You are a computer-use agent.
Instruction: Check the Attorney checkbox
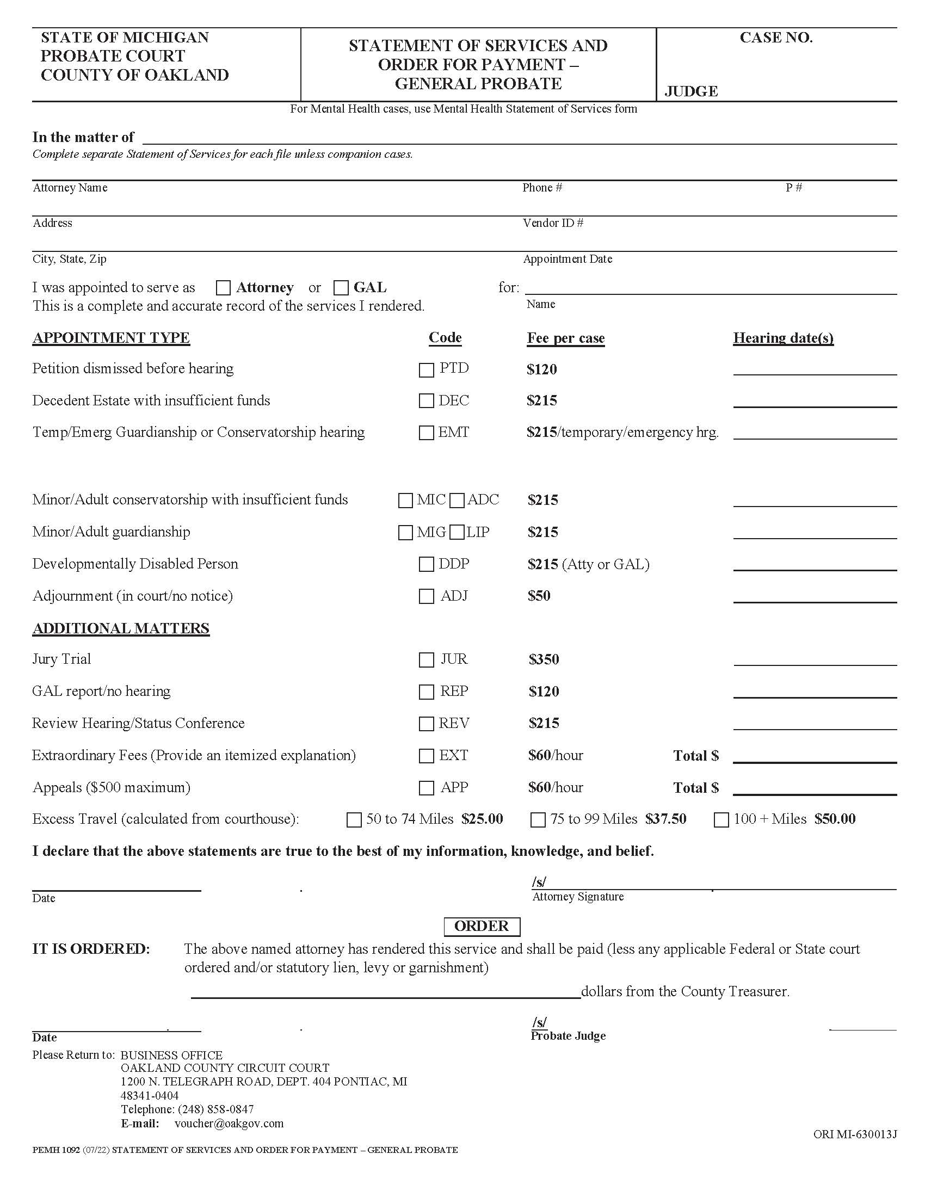point(223,288)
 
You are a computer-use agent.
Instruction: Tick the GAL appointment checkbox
point(341,288)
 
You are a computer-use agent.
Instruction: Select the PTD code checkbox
point(426,370)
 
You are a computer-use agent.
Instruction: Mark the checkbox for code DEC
point(426,400)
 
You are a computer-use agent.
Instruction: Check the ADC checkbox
point(457,501)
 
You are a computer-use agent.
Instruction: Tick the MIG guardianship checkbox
point(405,532)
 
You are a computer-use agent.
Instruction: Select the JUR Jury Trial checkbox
point(426,660)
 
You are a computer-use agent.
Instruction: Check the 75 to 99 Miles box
point(538,820)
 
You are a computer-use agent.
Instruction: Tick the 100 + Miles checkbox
point(721,820)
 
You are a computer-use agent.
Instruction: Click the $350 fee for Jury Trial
point(544,659)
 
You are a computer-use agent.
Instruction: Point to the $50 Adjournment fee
point(539,596)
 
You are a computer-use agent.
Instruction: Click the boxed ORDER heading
point(481,926)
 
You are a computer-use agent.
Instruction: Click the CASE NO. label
point(776,38)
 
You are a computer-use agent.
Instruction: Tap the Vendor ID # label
point(553,223)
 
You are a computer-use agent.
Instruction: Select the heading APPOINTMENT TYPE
point(111,338)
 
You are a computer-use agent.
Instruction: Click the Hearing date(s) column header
point(783,338)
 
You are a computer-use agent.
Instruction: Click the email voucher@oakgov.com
point(229,1124)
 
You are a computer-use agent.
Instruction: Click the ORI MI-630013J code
point(855,1134)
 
